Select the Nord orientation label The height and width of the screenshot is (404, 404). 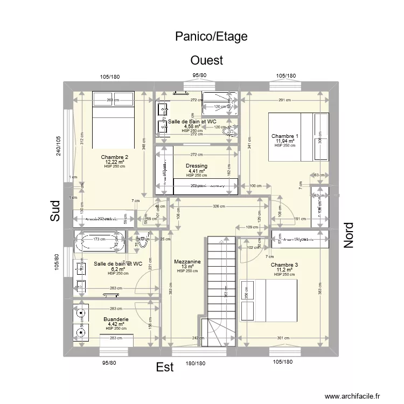click(x=349, y=235)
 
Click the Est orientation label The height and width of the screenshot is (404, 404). click(x=165, y=367)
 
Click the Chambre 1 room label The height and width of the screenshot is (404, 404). click(x=285, y=136)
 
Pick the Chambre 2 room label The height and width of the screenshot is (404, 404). click(x=114, y=157)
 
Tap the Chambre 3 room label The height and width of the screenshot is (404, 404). click(x=284, y=265)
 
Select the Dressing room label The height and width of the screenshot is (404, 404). click(x=196, y=166)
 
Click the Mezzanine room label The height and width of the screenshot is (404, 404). click(x=187, y=262)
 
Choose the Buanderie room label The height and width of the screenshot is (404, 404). click(x=116, y=319)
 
